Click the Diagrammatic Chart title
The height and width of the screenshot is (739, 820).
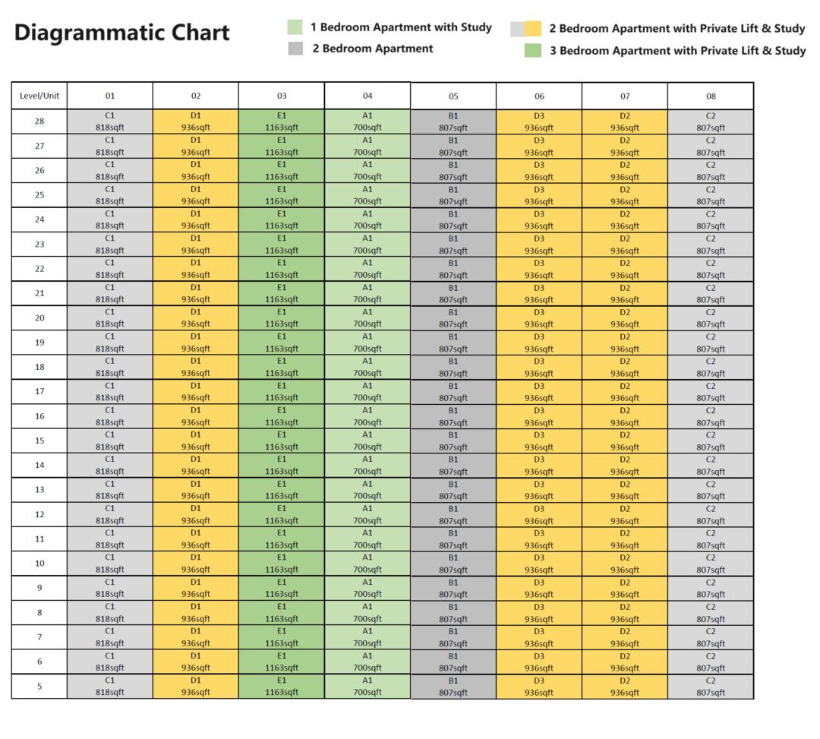[x=121, y=33]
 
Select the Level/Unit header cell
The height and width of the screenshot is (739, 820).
[x=39, y=96]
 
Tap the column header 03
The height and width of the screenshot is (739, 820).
[x=282, y=96]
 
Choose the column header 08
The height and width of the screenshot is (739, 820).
[x=711, y=96]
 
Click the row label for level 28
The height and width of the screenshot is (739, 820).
[x=39, y=122]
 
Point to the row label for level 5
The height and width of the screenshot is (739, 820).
[x=39, y=686]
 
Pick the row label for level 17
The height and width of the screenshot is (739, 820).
[x=39, y=391]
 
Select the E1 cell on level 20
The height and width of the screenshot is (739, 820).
[x=282, y=318]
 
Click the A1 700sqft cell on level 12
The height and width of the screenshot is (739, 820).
[x=367, y=514]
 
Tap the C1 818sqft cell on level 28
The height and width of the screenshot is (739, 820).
[x=110, y=122]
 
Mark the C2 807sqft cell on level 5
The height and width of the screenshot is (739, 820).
[x=711, y=687]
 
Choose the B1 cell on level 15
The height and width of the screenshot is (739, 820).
[x=453, y=441]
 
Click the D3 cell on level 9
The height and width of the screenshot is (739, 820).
[x=538, y=589]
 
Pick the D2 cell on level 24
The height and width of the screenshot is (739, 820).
[x=625, y=220]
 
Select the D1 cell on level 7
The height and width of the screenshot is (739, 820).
[x=196, y=637]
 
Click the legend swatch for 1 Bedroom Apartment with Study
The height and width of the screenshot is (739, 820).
[x=295, y=27]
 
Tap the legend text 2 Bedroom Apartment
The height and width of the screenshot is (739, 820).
[x=373, y=49]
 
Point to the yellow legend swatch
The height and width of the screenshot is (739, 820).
[x=533, y=29]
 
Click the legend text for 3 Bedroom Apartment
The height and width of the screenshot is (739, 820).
[x=678, y=51]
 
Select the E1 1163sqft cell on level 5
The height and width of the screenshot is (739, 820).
[x=282, y=686]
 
